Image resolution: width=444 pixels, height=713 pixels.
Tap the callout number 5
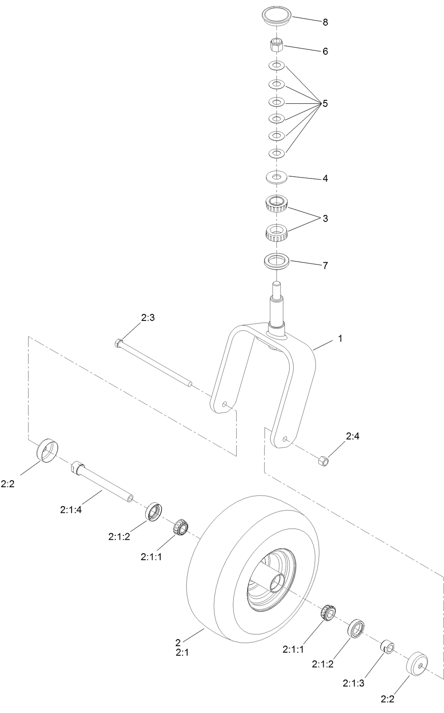[325, 104]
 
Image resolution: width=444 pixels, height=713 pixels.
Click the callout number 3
[325, 218]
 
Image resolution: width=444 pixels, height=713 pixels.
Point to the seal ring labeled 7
[277, 262]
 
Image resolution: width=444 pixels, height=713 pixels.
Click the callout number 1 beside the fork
[340, 338]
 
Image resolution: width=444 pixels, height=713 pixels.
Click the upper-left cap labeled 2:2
[47, 451]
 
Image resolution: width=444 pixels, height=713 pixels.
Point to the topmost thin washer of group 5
[276, 65]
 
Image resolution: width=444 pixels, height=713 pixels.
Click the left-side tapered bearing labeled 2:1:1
[180, 528]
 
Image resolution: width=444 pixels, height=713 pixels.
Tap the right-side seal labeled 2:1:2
[357, 628]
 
